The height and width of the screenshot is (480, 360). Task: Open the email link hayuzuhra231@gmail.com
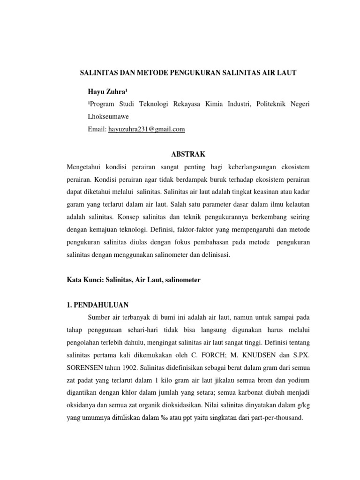147,129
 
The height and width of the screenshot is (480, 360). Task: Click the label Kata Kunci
85,280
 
